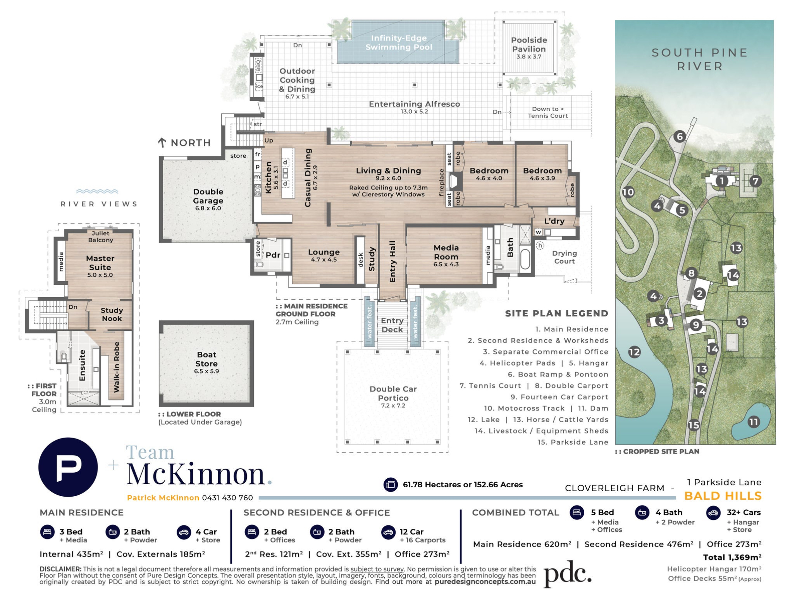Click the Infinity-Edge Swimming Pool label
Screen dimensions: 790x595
(x=399, y=43)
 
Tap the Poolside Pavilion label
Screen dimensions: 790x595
(x=529, y=45)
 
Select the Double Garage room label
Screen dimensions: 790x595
(x=208, y=196)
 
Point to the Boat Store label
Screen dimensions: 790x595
(x=207, y=359)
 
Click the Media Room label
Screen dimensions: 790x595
(x=446, y=252)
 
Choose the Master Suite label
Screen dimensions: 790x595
(x=100, y=263)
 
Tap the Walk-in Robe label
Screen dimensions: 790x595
(x=116, y=367)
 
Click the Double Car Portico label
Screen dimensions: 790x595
(x=393, y=394)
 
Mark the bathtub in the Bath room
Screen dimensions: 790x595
(x=525, y=259)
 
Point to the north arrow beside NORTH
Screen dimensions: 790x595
(x=162, y=143)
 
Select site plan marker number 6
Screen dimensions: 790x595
(x=679, y=136)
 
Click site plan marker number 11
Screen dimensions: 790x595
(x=754, y=421)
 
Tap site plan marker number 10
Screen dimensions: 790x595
(x=628, y=192)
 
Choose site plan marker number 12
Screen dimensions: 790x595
(x=634, y=352)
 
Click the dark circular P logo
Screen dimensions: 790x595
(x=68, y=467)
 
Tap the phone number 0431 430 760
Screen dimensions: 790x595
(x=227, y=498)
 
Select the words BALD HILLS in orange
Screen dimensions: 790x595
(x=723, y=496)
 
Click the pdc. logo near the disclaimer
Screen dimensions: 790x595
(x=568, y=574)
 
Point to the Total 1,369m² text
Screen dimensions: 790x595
(x=732, y=557)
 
